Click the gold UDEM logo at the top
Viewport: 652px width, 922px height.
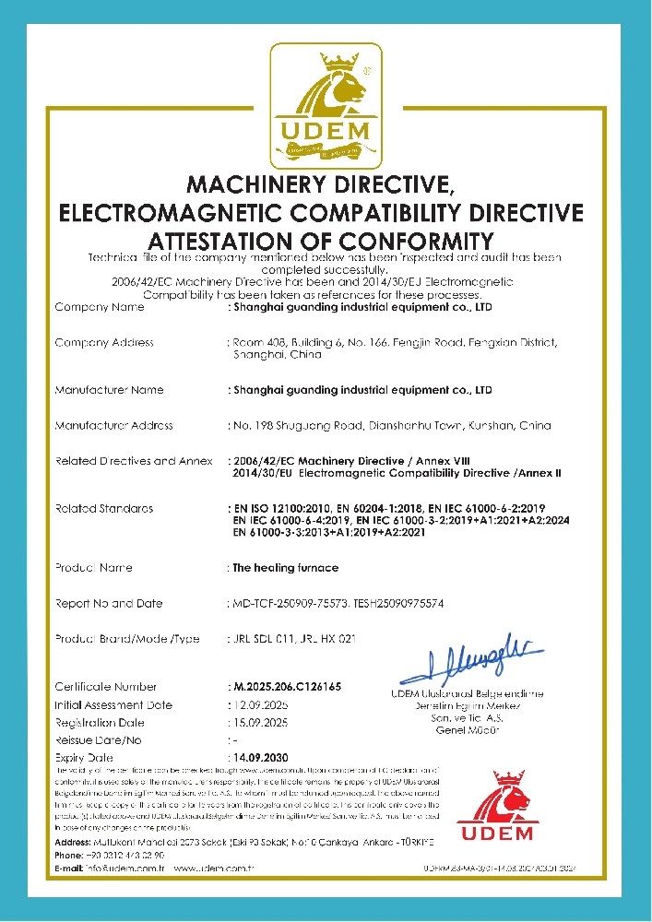click(326, 103)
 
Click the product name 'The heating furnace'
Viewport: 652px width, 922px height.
click(285, 568)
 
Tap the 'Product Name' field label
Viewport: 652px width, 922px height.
click(94, 568)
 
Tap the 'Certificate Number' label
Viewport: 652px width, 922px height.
click(105, 687)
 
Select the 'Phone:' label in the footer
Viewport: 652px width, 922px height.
click(70, 856)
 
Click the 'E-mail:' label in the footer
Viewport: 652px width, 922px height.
click(72, 869)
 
